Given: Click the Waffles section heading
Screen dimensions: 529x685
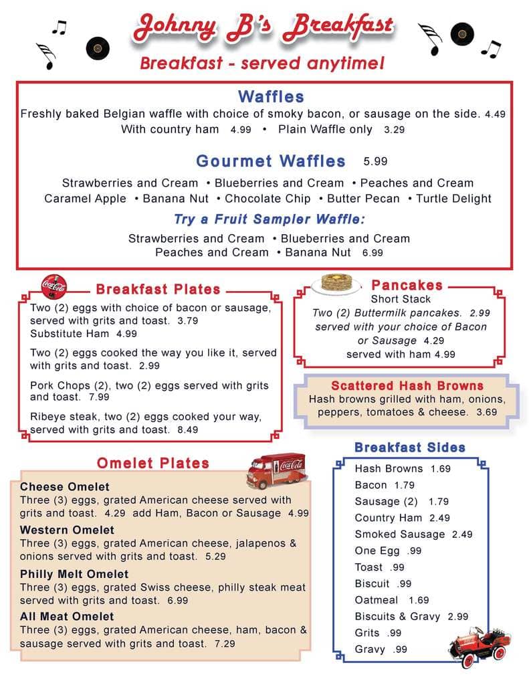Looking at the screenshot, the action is tap(271, 97).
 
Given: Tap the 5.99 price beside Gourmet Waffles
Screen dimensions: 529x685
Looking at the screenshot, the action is tap(375, 161).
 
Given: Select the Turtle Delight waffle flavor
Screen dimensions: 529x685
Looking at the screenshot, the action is tap(453, 199).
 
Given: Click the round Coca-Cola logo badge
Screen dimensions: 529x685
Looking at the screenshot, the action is tap(54, 287).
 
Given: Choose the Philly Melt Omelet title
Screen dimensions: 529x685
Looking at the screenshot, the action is tap(74, 574).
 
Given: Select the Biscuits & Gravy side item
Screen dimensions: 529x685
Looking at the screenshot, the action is tap(397, 617).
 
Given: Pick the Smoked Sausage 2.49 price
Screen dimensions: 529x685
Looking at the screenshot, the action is tap(461, 534).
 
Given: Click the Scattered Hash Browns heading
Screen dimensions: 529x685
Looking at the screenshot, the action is tap(407, 386).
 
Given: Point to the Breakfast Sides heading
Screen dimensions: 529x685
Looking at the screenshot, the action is tap(409, 448).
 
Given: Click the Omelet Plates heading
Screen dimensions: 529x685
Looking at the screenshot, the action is tap(153, 463).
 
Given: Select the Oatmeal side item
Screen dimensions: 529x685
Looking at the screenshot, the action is tap(376, 600).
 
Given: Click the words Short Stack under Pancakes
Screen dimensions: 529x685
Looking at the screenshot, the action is tap(401, 299).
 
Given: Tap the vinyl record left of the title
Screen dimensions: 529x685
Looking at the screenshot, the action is tap(98, 47).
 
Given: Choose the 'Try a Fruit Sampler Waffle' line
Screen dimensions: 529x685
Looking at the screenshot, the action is tap(270, 219).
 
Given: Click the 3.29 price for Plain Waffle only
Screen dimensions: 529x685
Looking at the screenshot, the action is tap(394, 130).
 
